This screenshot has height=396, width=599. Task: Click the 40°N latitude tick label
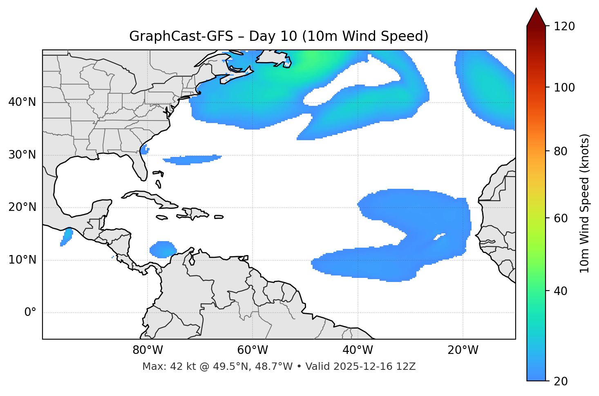click(x=22, y=102)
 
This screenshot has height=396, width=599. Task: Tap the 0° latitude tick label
click(x=30, y=313)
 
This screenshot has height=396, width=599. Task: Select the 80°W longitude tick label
click(x=148, y=350)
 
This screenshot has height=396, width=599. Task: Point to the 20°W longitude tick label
click(x=463, y=350)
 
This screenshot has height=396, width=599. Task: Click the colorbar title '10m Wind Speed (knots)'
click(x=585, y=203)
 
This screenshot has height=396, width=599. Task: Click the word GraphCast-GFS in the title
click(x=181, y=36)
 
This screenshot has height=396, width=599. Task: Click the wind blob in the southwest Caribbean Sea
click(x=163, y=249)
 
